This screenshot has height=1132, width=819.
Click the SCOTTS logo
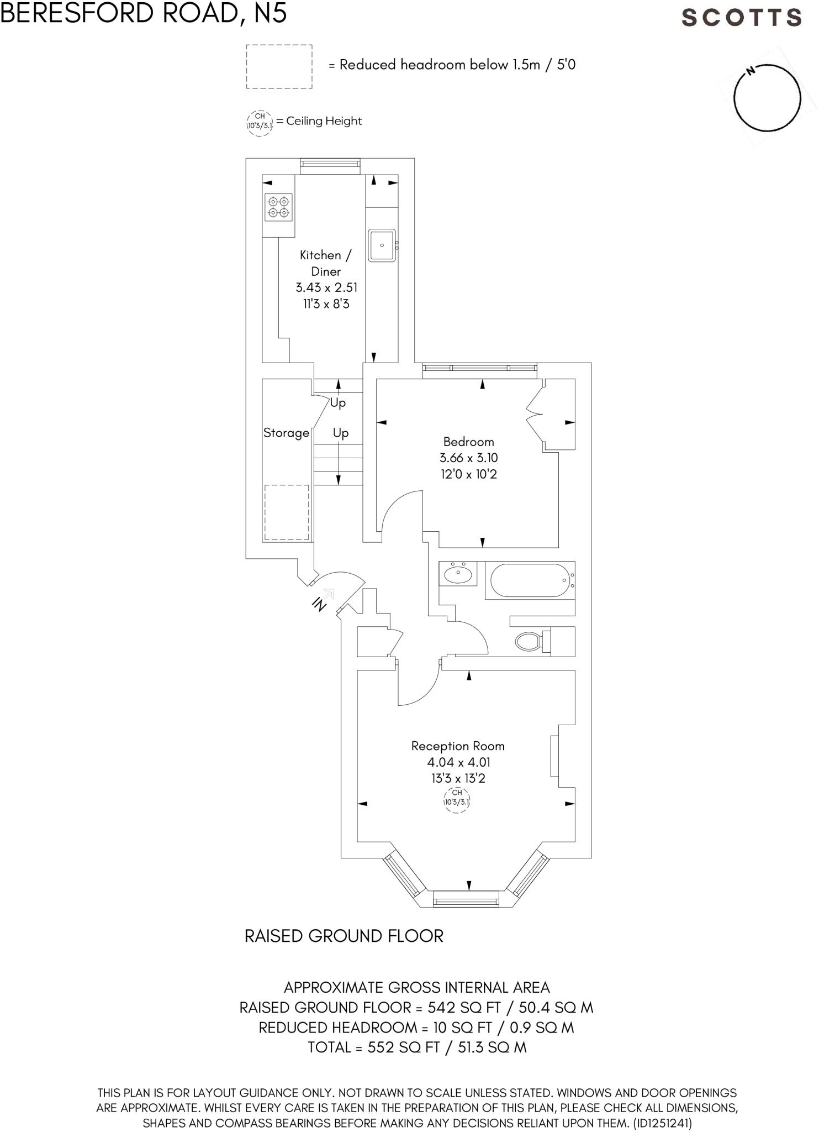click(x=741, y=18)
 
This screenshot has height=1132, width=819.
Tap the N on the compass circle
click(x=750, y=71)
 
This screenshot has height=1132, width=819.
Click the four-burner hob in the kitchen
click(x=278, y=207)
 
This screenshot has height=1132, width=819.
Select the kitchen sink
click(x=382, y=245)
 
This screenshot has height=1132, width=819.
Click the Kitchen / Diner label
click(x=325, y=263)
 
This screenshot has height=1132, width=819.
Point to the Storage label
click(x=286, y=433)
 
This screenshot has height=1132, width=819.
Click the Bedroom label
click(x=468, y=442)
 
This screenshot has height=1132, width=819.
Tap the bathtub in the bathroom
click(x=529, y=580)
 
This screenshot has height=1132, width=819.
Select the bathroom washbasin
click(x=458, y=574)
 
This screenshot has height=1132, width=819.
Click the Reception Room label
click(x=458, y=746)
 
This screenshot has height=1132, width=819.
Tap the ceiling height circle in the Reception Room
click(x=457, y=800)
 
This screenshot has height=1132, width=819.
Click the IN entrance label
click(x=319, y=604)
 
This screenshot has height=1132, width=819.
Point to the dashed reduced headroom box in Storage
click(x=286, y=512)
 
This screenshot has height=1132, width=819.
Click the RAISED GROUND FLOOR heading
click(x=344, y=936)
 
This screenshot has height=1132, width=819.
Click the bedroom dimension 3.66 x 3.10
click(x=468, y=458)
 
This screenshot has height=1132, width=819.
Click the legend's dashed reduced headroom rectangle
click(x=279, y=67)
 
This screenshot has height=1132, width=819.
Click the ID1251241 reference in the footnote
click(x=662, y=1123)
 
